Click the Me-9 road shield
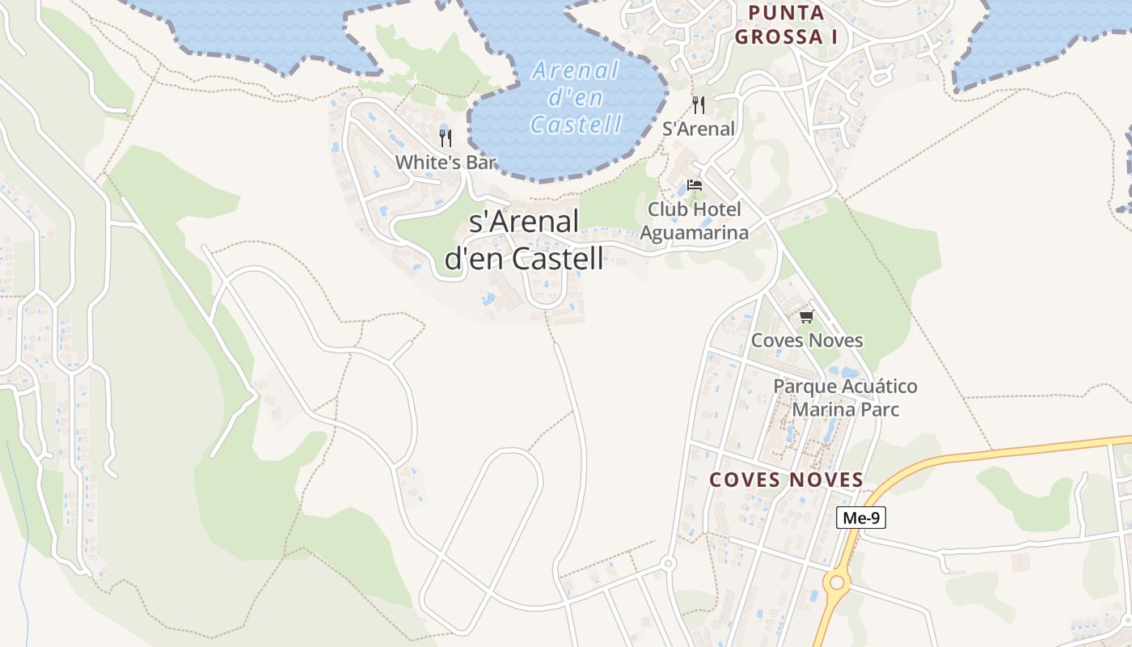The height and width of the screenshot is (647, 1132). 860,518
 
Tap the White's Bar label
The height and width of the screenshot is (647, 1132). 445,162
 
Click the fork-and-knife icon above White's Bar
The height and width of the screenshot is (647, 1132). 445,138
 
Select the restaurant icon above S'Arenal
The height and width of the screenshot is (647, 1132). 699,105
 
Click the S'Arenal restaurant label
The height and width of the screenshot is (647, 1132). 699,129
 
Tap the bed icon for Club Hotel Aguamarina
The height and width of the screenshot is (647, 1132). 694,185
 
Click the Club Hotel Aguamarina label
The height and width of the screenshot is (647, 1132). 694,221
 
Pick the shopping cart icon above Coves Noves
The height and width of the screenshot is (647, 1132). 806,316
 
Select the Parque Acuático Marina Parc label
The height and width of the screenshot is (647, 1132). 845,398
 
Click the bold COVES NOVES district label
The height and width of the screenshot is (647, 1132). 786,480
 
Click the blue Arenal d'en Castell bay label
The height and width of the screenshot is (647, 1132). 577,97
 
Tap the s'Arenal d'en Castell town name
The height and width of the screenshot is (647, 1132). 524,240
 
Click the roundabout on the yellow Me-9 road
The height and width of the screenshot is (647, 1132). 836,581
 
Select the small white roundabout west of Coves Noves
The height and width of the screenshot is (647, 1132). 668,563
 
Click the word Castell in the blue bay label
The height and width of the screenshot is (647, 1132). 577,125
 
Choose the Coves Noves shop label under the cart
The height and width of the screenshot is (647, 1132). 806,340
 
